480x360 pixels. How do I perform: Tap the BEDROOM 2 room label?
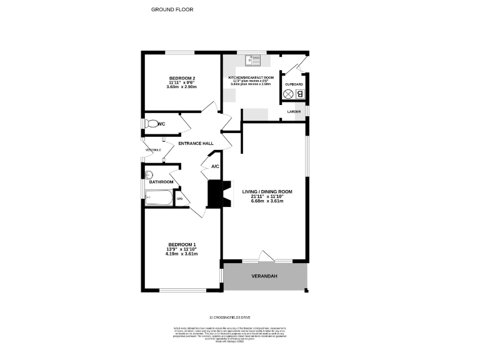tap(182, 77)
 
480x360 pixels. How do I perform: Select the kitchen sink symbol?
tap(252, 61)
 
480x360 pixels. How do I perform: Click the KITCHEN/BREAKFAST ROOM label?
tap(251, 77)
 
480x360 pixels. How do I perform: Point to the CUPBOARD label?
tap(294, 84)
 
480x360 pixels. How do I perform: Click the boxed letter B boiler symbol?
tap(300, 94)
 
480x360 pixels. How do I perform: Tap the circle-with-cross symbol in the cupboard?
tap(289, 94)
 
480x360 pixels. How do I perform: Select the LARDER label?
tap(294, 112)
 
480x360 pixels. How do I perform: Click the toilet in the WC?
tap(151, 124)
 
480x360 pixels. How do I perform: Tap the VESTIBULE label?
tap(153, 150)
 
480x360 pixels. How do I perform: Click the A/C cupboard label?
tap(215, 166)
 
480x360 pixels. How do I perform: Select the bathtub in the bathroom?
tap(159, 198)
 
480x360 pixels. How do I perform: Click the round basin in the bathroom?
tap(149, 175)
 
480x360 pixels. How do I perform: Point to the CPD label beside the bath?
tap(179, 199)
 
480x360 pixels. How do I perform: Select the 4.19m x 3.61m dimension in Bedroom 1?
tap(182, 254)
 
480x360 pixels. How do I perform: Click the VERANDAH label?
tap(264, 276)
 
